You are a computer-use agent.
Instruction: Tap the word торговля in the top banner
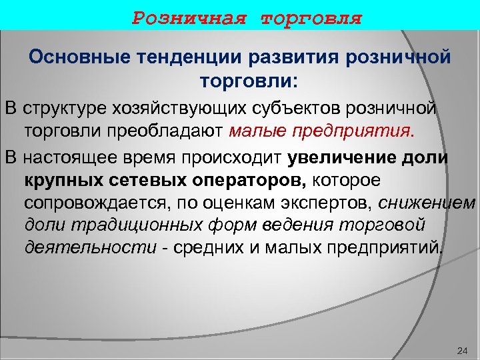coord(311,17)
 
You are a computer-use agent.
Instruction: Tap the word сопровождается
coord(93,203)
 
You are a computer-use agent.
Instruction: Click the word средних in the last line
coord(213,249)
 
